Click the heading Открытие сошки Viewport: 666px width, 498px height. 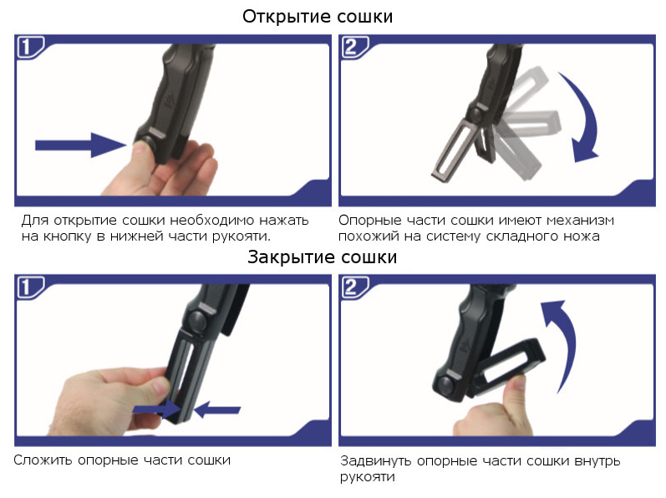318,17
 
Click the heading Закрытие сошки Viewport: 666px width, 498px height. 322,257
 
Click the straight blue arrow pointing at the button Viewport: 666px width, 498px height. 81,145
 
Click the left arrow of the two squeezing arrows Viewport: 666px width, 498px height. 157,409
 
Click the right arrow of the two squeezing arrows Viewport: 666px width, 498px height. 217,409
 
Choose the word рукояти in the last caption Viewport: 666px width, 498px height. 367,477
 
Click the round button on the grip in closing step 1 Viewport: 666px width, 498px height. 197,321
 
